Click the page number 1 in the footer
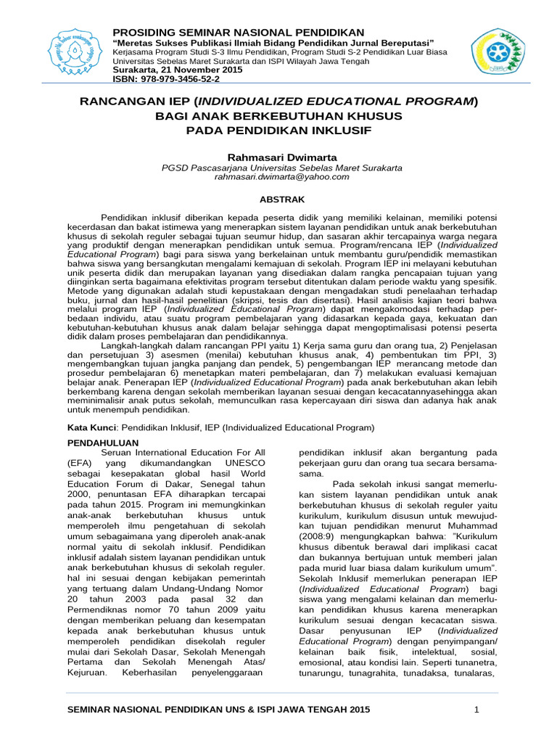click(x=476, y=709)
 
